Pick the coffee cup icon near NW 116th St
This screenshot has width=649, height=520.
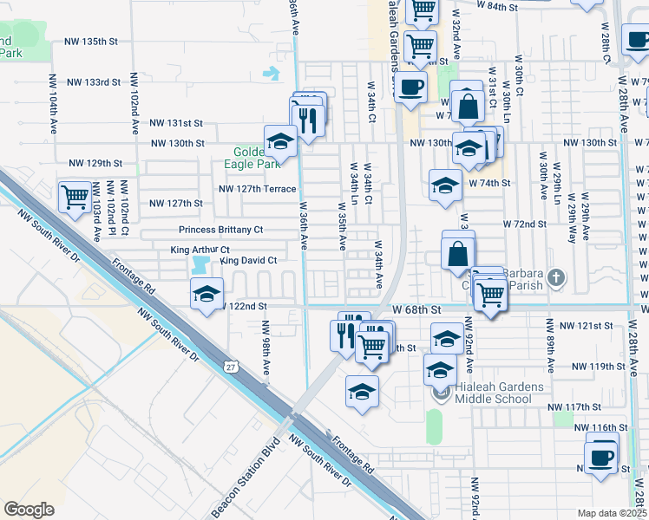pyautogui.click(x=601, y=457)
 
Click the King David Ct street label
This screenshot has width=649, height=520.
pyautogui.click(x=249, y=260)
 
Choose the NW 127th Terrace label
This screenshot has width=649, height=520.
pyautogui.click(x=257, y=188)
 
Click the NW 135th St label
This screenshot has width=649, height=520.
pyautogui.click(x=102, y=41)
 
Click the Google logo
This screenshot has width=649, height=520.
pyautogui.click(x=29, y=510)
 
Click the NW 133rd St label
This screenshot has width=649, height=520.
pyautogui.click(x=93, y=82)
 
